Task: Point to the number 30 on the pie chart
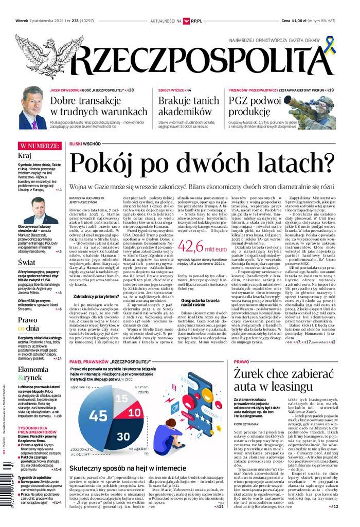coord(123,436)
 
